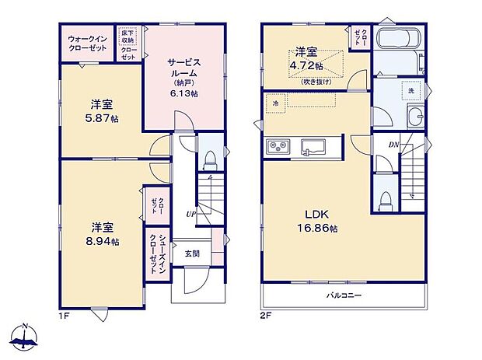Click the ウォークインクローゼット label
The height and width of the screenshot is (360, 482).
pos(88,42)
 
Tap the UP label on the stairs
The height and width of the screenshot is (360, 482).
pos(190,212)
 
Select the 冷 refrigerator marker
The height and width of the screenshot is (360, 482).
pos(274,102)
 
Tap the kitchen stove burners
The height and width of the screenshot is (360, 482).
pos(278,145)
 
